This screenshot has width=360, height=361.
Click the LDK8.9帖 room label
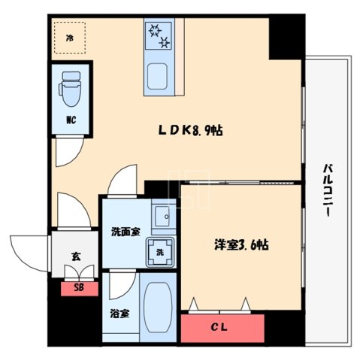point(189,130)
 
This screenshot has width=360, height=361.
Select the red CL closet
point(222,328)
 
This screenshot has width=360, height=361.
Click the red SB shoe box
point(78,287)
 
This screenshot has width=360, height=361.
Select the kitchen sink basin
point(159,77)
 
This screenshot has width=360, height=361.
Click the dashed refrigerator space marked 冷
point(70,37)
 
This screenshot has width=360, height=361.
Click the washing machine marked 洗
point(162,252)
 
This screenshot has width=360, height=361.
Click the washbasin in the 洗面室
point(162,218)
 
